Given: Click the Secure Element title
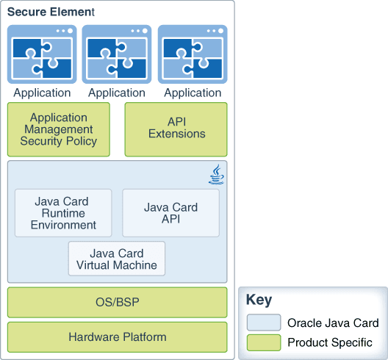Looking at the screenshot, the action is point(51,12).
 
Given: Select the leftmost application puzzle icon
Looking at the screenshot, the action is point(42,54).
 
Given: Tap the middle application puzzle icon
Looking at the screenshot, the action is point(117,54).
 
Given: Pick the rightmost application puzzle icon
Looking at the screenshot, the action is point(193,54).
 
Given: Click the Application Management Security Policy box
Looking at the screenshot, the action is point(59,129).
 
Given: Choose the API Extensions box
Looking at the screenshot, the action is point(176,129).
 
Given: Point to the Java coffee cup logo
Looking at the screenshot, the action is point(216,174).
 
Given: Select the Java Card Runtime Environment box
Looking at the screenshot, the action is point(63,213).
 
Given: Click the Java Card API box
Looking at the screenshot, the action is point(170,213).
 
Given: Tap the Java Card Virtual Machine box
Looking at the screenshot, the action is point(117,259).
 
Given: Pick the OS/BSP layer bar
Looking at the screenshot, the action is point(118,303).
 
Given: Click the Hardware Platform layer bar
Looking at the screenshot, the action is point(118,337).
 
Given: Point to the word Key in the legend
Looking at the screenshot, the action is point(259,300).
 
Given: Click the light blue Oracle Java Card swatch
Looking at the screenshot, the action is point(264,323).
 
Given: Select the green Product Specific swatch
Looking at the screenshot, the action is point(264,342).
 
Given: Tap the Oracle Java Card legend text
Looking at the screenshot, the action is point(333,323).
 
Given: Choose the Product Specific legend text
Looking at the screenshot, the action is point(330,342).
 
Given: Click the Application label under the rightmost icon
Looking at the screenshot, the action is point(193,93).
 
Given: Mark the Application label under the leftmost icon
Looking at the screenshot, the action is point(42,93).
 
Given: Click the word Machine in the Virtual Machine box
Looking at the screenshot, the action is point(135,265).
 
